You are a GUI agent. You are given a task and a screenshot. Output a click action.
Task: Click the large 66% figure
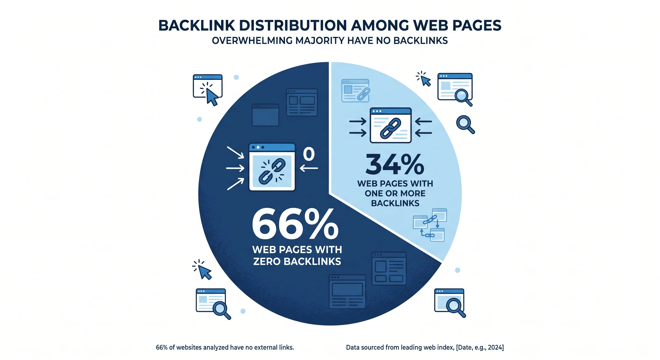tap(295, 224)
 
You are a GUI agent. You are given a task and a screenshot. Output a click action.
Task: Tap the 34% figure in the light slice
tap(395, 164)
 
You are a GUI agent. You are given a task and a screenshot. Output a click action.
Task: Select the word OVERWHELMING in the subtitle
tap(252, 41)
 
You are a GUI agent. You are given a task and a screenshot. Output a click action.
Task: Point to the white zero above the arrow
tap(309, 154)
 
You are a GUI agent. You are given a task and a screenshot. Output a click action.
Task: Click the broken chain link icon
tap(272, 171)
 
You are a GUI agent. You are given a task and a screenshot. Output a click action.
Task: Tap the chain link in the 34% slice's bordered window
tap(390, 128)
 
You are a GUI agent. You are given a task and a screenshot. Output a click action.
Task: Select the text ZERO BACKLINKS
tap(297, 261)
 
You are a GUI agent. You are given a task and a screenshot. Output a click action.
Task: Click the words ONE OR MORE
tap(395, 193)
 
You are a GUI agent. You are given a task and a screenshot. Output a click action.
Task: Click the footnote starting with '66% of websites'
tap(225, 347)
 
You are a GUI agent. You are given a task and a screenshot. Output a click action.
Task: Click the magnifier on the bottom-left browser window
tap(222, 310)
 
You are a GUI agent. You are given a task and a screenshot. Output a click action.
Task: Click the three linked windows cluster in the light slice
tap(430, 225)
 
